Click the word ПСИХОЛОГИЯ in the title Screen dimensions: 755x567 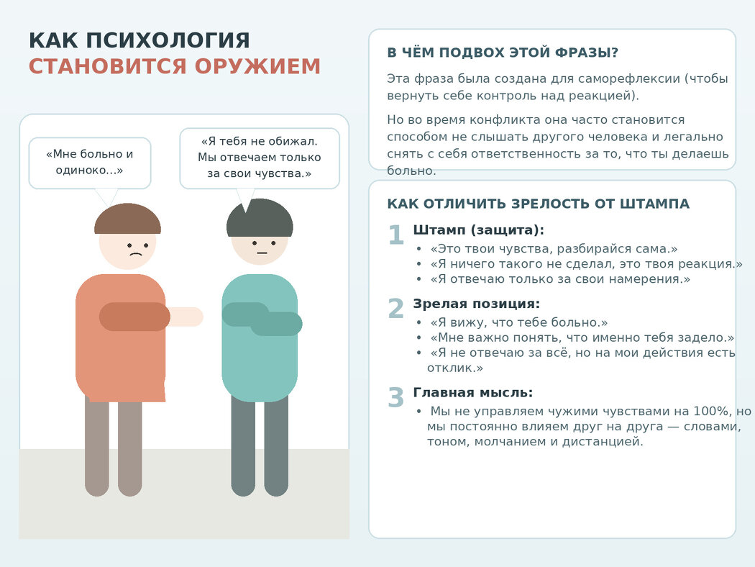tap(168, 40)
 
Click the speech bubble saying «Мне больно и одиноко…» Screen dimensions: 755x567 tap(90, 163)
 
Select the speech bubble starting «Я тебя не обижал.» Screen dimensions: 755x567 tap(260, 158)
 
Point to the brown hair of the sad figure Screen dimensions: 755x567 tap(127, 219)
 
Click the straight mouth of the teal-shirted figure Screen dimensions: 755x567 tap(262, 253)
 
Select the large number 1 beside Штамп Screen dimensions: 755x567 tap(395, 235)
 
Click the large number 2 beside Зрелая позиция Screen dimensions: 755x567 tap(395, 309)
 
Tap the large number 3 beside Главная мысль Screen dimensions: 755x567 tap(395, 398)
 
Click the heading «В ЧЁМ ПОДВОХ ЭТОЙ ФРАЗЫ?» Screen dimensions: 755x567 tap(503, 53)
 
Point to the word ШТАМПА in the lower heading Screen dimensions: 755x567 tap(654, 204)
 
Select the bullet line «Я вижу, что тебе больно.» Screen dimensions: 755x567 tap(519, 322)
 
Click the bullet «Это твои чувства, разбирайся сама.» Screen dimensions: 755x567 tap(554, 249)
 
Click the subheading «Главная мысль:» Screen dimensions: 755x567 tap(473, 393)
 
